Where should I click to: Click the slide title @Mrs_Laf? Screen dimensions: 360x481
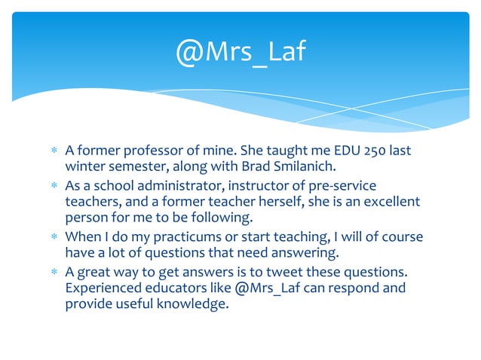pos(240,53)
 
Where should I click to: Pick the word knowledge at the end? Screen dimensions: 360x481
pos(191,304)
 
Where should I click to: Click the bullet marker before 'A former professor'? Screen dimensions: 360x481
pos(54,151)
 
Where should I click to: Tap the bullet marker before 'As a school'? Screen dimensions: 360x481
pos(54,186)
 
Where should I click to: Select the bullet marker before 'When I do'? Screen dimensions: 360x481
pos(54,237)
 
